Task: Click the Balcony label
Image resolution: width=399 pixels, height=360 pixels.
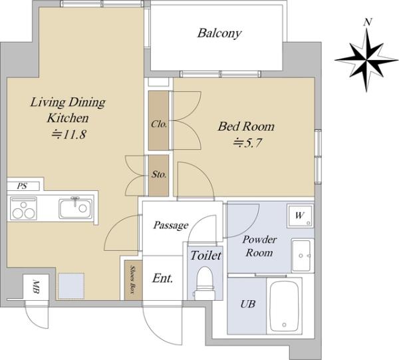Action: tap(219, 33)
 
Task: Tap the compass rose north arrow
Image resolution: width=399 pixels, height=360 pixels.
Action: tap(366, 60)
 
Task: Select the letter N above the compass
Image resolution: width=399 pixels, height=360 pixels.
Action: tap(367, 22)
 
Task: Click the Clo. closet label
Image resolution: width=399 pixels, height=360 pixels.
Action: tap(159, 124)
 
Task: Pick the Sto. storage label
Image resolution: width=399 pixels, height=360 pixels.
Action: tap(159, 174)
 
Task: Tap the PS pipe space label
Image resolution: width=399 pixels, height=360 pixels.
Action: tap(22, 186)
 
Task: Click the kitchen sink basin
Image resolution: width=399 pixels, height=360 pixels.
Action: tap(76, 208)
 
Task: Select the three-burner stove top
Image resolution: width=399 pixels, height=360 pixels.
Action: tap(23, 208)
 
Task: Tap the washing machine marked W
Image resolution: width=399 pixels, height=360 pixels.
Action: tap(301, 216)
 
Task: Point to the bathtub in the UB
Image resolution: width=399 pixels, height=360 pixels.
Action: tap(284, 305)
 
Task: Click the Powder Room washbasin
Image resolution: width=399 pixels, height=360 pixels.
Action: tap(302, 256)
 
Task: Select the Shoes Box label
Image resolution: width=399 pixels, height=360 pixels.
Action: tap(132, 279)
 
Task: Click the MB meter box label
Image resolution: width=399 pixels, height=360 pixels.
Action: tap(36, 287)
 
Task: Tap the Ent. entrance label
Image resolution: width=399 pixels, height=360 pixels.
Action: tap(163, 278)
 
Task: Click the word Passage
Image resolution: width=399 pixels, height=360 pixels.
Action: tap(171, 226)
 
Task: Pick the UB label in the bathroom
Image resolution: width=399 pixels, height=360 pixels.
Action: tap(247, 303)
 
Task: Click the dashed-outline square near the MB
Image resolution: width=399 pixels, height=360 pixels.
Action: tap(71, 286)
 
